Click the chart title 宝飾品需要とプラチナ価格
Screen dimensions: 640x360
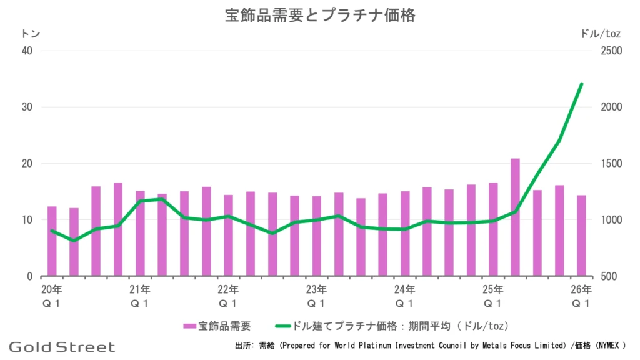pyautogui.click(x=320, y=16)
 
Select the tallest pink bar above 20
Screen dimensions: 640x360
pyautogui.click(x=515, y=217)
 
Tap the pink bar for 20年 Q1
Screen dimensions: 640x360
pyautogui.click(x=52, y=241)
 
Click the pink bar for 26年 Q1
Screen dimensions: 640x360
pyautogui.click(x=581, y=236)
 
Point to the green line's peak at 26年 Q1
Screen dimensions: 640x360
pyautogui.click(x=581, y=84)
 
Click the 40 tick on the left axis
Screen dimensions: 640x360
pyautogui.click(x=27, y=51)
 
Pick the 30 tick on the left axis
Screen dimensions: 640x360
pyautogui.click(x=27, y=107)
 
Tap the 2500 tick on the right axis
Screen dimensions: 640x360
pyautogui.click(x=611, y=51)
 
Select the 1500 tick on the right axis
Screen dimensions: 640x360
pyautogui.click(x=611, y=163)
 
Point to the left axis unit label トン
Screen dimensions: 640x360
pyautogui.click(x=31, y=34)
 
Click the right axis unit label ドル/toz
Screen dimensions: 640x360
pyautogui.click(x=600, y=34)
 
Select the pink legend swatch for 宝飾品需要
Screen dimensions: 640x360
pyautogui.click(x=190, y=326)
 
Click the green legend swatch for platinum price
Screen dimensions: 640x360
pyautogui.click(x=283, y=326)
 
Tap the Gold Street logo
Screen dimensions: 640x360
pyautogui.click(x=62, y=347)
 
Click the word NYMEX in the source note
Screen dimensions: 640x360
pyautogui.click(x=609, y=346)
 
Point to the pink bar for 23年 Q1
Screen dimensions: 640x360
pyautogui.click(x=316, y=236)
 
